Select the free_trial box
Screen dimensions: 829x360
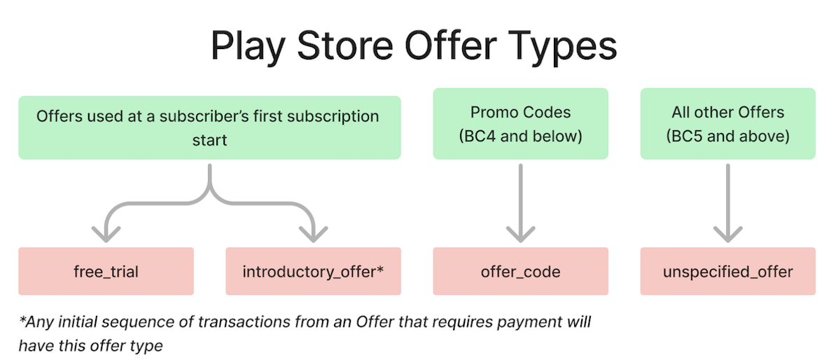pyautogui.click(x=106, y=271)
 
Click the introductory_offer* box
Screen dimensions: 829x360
pyautogui.click(x=313, y=271)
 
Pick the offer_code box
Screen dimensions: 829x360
pyautogui.click(x=520, y=271)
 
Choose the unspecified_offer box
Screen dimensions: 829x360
pyautogui.click(x=727, y=271)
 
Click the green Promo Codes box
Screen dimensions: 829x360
pyautogui.click(x=520, y=124)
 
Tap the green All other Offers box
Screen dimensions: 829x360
pyautogui.click(x=727, y=124)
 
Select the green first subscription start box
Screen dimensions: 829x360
pyautogui.click(x=209, y=127)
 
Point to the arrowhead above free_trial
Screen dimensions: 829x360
pyautogui.click(x=106, y=234)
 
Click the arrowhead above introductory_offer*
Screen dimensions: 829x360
pyautogui.click(x=313, y=234)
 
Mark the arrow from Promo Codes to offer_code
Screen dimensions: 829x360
pyautogui.click(x=520, y=203)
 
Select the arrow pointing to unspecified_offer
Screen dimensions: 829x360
pyautogui.click(x=727, y=203)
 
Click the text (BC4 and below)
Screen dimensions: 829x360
pyautogui.click(x=520, y=137)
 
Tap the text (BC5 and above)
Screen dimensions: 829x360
pyautogui.click(x=727, y=137)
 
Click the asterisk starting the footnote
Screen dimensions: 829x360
pyautogui.click(x=22, y=319)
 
